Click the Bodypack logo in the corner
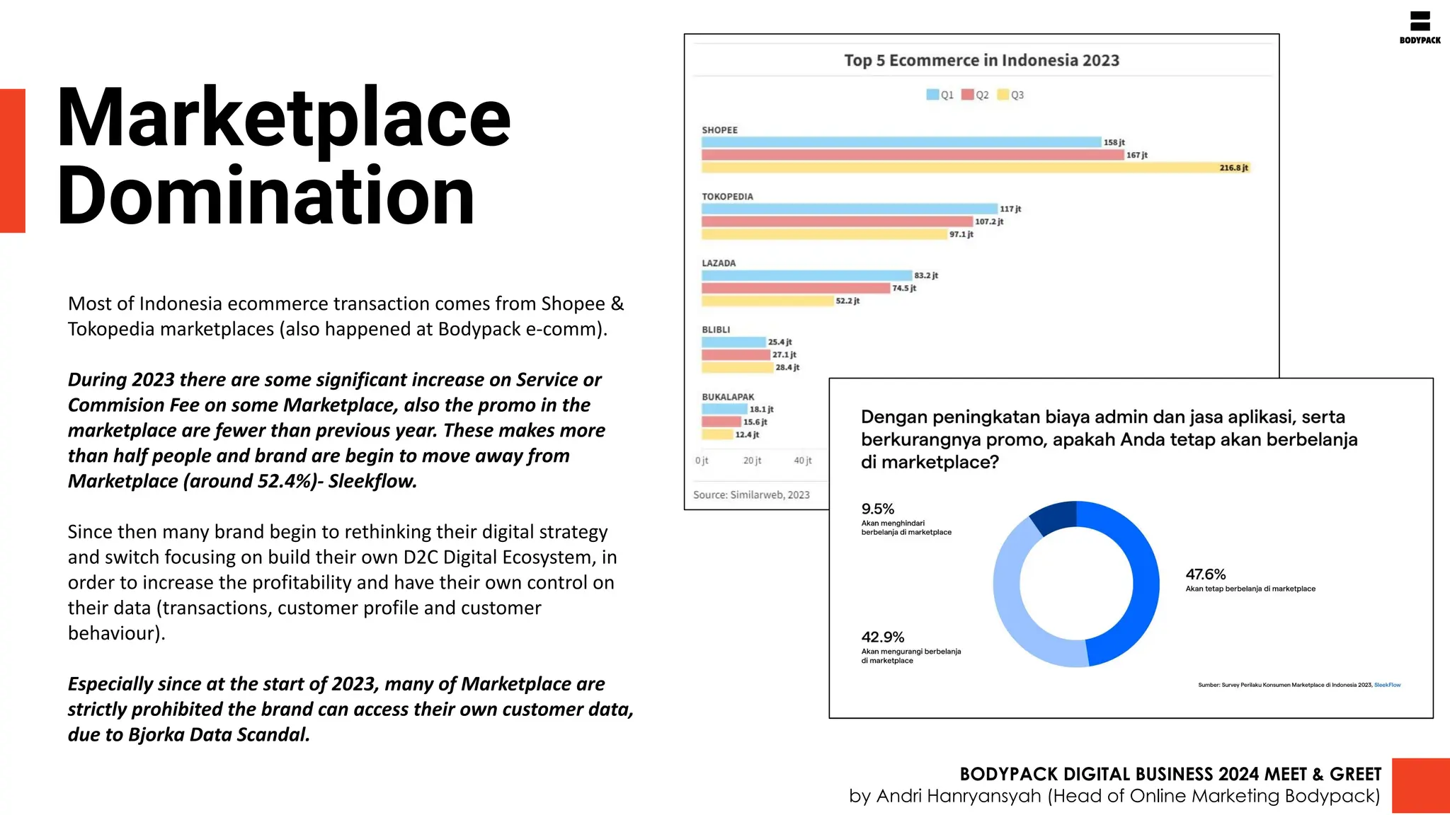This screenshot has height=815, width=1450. point(1420,27)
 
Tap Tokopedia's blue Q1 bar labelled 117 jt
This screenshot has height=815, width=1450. point(849,209)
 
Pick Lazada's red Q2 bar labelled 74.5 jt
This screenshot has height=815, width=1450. point(795,288)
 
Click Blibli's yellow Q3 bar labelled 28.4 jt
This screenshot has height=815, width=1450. point(736,367)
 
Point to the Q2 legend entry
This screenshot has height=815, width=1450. point(975,95)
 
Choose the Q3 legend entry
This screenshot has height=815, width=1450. point(1010,95)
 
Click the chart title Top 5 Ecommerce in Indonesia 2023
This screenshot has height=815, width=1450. point(981,60)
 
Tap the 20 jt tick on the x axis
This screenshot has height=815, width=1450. point(752,461)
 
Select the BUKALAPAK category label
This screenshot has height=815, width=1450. point(728,397)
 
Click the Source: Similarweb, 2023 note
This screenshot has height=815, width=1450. point(751,495)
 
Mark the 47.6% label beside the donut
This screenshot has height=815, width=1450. point(1205,574)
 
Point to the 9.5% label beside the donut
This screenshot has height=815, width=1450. point(877,509)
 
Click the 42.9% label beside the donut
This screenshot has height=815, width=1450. point(882,637)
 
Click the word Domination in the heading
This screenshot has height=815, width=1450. point(265,196)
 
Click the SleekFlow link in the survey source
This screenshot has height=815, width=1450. point(1387,685)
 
